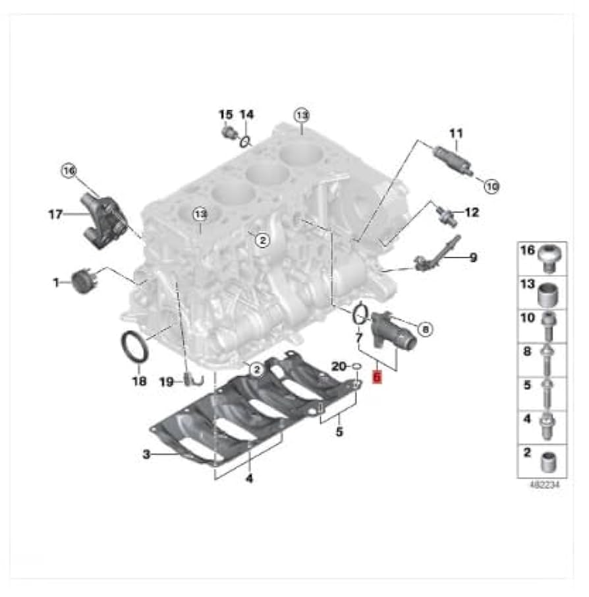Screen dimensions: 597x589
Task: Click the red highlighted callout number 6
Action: (377, 377)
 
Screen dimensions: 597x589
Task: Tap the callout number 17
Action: (55, 214)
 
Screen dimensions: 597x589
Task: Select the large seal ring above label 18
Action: (133, 348)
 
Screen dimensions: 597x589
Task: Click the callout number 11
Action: (456, 134)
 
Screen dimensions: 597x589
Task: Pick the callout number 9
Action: (472, 257)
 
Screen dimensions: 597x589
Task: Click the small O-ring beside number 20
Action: (355, 365)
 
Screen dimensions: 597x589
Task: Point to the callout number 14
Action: (246, 115)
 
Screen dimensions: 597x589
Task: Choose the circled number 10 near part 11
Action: (491, 186)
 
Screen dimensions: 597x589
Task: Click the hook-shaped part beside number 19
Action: (191, 379)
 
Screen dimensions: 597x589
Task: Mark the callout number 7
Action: (359, 338)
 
